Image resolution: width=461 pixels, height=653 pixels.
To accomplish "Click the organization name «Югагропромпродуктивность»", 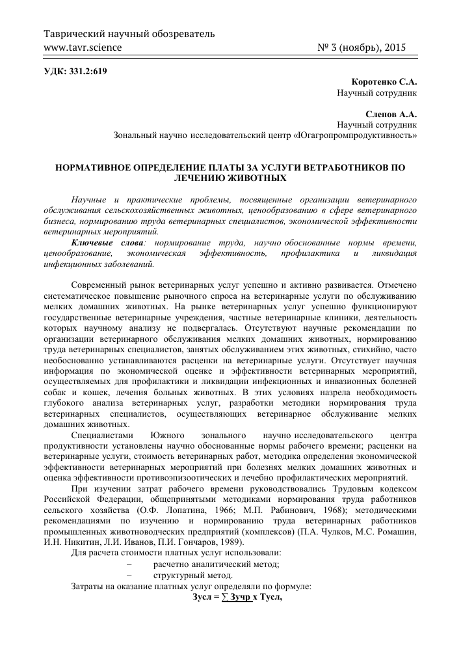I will tap(355, 135).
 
